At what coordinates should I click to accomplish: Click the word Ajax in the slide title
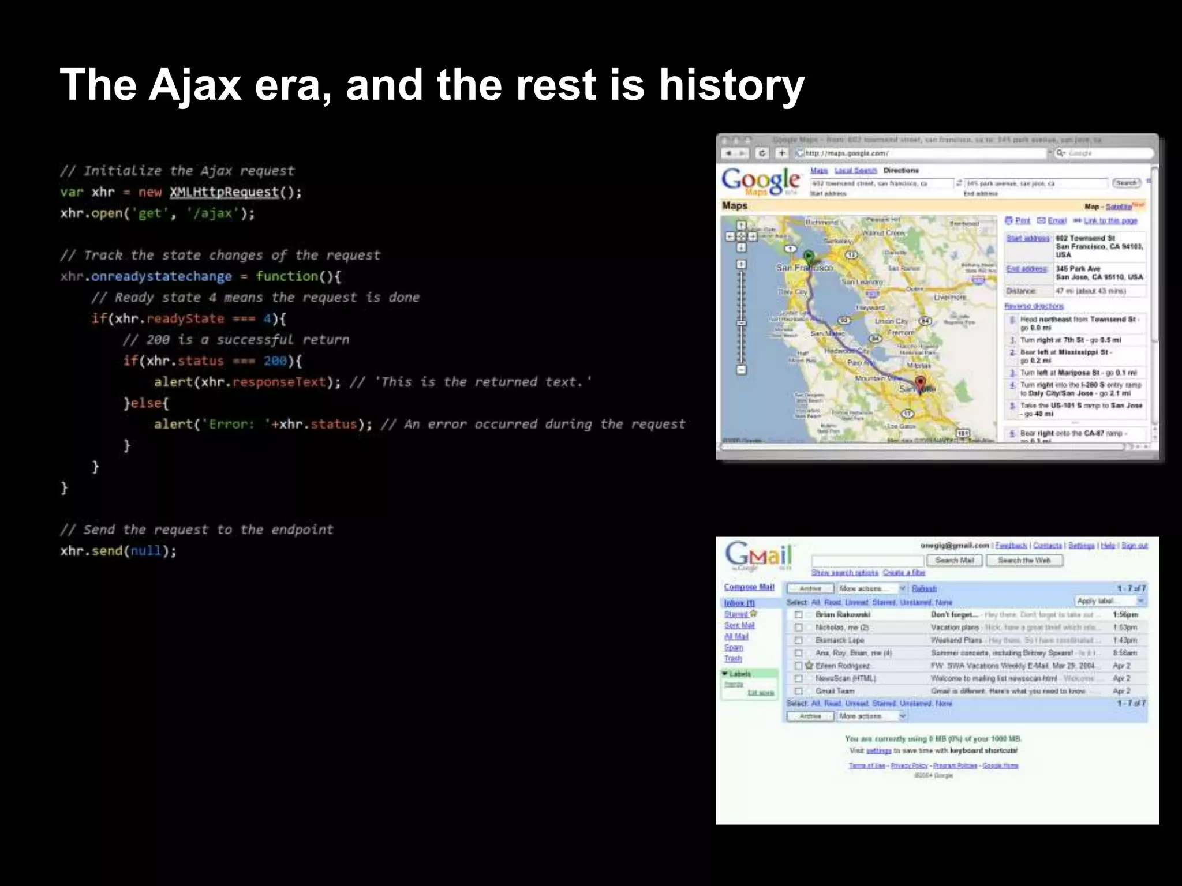(x=194, y=85)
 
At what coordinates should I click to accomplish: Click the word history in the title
(x=731, y=85)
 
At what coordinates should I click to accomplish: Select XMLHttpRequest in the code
(x=224, y=192)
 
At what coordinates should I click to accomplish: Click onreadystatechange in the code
(x=162, y=276)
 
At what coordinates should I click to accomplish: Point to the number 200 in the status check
(x=275, y=361)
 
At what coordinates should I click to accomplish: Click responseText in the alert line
(x=279, y=382)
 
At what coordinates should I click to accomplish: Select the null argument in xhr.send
(x=145, y=551)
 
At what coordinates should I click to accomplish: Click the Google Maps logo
(x=761, y=181)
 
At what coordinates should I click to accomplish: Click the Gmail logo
(x=758, y=555)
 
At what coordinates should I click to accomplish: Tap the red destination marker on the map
(x=920, y=383)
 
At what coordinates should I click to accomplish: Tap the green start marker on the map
(x=809, y=256)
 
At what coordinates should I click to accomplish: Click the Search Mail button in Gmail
(x=954, y=560)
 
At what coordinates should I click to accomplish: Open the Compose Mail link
(x=749, y=587)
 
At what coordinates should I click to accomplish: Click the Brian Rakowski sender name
(x=843, y=614)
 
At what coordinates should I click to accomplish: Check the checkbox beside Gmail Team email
(x=799, y=691)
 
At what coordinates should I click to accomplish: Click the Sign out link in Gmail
(x=1134, y=545)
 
